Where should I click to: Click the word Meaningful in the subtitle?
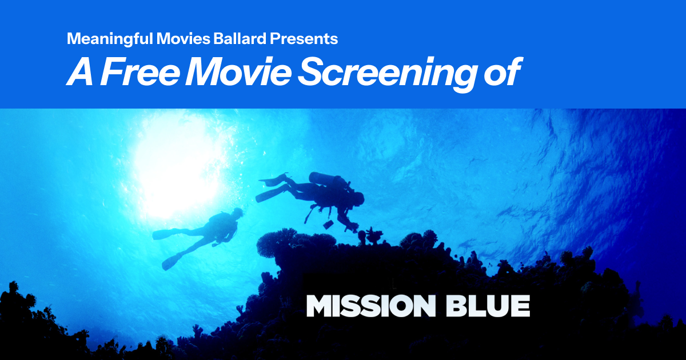coord(110,39)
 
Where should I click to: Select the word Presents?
coord(304,39)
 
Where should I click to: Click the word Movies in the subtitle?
coord(183,39)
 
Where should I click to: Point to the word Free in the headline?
coord(140,72)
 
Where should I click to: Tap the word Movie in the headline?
coord(238,72)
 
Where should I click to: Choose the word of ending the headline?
coord(502,72)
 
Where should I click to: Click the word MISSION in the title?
coord(370,306)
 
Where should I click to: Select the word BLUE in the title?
coord(488,306)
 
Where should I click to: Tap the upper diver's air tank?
coord(325,178)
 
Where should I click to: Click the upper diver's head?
coord(358,198)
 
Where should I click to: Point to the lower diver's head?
coord(237,212)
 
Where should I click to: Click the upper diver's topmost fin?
coord(273,179)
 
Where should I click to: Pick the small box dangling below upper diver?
coord(328,225)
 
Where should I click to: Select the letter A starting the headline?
coord(80,72)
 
